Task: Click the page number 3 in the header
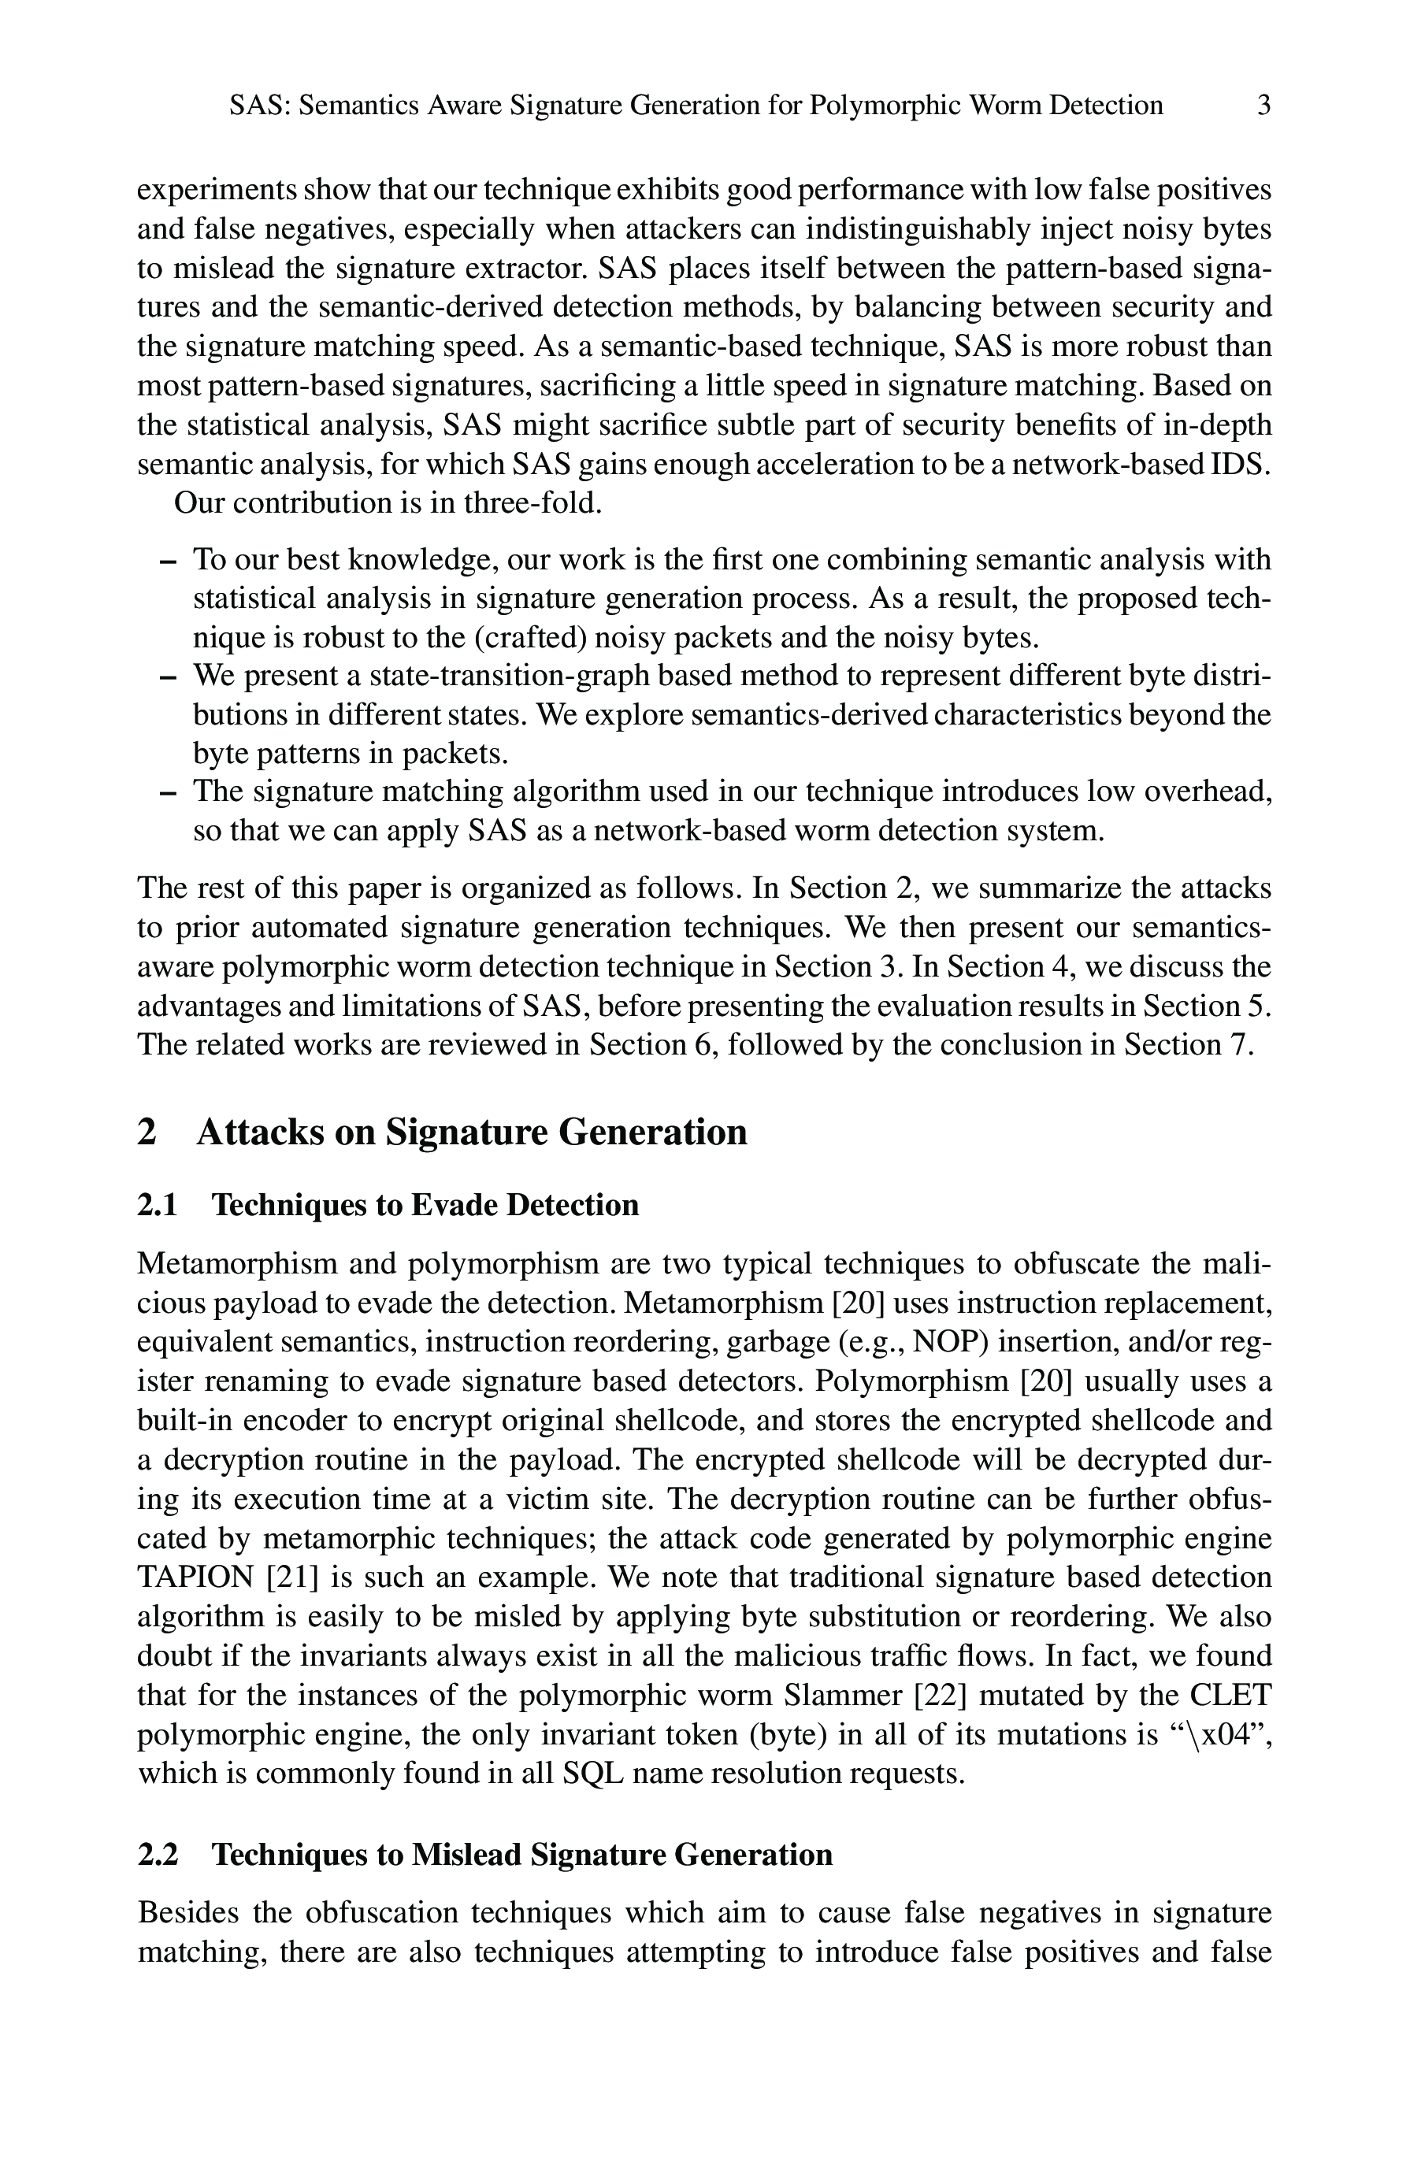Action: tap(1263, 106)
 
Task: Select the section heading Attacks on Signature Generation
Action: tap(471, 1133)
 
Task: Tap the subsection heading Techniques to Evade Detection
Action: tap(425, 1205)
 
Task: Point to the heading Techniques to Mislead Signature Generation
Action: tap(521, 1855)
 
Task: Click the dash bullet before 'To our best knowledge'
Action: tap(166, 562)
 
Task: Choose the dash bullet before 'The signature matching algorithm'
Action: tap(166, 793)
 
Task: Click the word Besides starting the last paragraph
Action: tap(188, 1914)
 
